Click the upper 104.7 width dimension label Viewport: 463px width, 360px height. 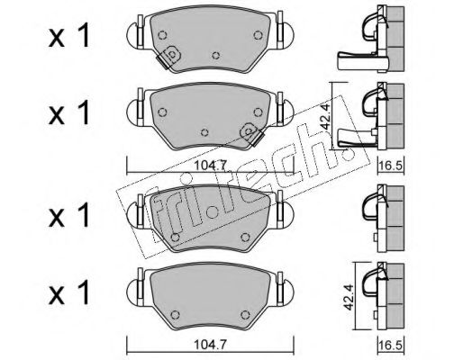click(x=210, y=166)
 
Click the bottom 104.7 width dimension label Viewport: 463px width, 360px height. click(x=210, y=345)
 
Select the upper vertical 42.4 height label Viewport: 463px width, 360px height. click(x=326, y=115)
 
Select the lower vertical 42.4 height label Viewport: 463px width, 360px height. click(x=349, y=295)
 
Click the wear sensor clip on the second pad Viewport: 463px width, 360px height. click(x=252, y=134)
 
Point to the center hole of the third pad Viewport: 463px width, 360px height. click(x=212, y=212)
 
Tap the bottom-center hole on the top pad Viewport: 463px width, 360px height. click(x=215, y=56)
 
